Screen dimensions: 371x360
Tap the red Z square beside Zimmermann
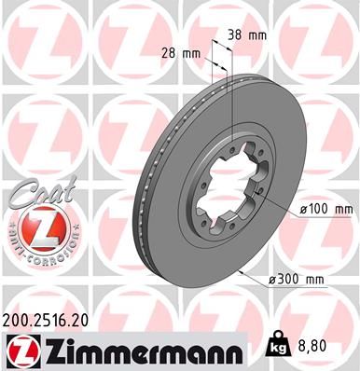click(x=22, y=350)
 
